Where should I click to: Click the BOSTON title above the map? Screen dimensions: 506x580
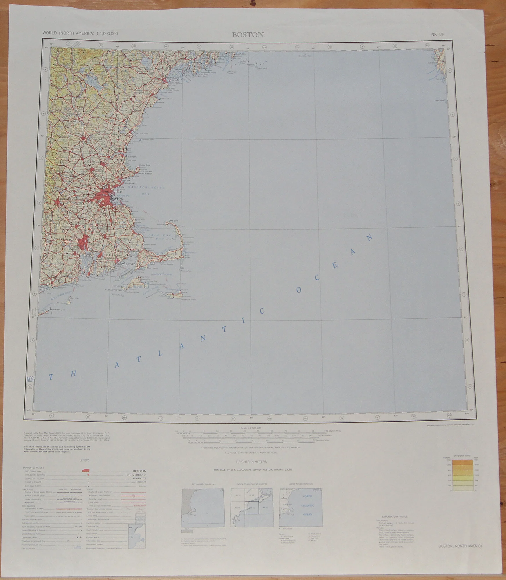coord(248,35)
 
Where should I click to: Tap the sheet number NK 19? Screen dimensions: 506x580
coord(437,35)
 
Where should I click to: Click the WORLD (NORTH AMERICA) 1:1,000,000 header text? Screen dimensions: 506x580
coord(80,33)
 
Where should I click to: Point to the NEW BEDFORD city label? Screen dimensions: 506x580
coord(127,264)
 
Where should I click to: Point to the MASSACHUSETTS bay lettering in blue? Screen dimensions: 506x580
coord(146,188)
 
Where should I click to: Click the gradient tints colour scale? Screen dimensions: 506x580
coord(460,478)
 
